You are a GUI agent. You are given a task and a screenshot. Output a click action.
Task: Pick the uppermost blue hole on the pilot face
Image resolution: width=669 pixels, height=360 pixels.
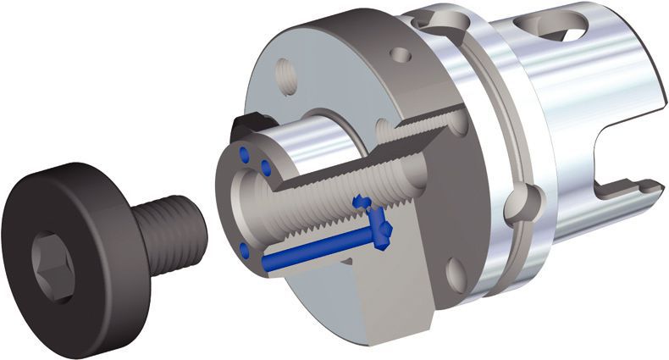coord(246,153)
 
